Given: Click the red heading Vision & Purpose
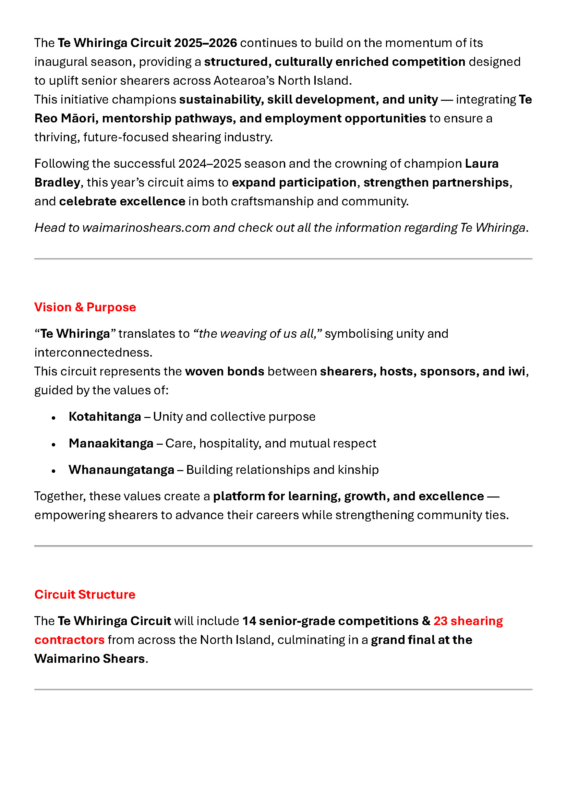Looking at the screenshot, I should click(85, 307).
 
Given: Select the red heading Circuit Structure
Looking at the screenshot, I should click(85, 595).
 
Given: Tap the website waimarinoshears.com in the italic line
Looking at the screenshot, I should click(146, 228).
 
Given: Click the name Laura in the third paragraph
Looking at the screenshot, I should click(481, 164).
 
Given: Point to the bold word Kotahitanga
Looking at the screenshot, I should click(105, 417).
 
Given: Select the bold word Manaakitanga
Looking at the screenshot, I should click(111, 443).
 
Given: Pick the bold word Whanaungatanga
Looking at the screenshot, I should click(121, 470).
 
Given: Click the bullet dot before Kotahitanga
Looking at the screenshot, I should click(53, 418).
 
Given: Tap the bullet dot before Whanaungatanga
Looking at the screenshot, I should click(53, 471).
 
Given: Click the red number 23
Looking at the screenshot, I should click(440, 621).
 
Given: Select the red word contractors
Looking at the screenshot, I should click(70, 640).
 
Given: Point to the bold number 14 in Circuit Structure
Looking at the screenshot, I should click(249, 621).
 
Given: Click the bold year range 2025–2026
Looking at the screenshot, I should click(205, 43).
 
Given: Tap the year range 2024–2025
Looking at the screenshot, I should click(209, 164).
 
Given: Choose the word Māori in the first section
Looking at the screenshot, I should click(78, 118).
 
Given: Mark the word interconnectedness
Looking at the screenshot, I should click(93, 352).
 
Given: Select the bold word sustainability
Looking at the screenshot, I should click(221, 99).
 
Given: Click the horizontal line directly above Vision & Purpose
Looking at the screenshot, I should click(283, 259).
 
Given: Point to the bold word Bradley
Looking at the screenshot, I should click(57, 182).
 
